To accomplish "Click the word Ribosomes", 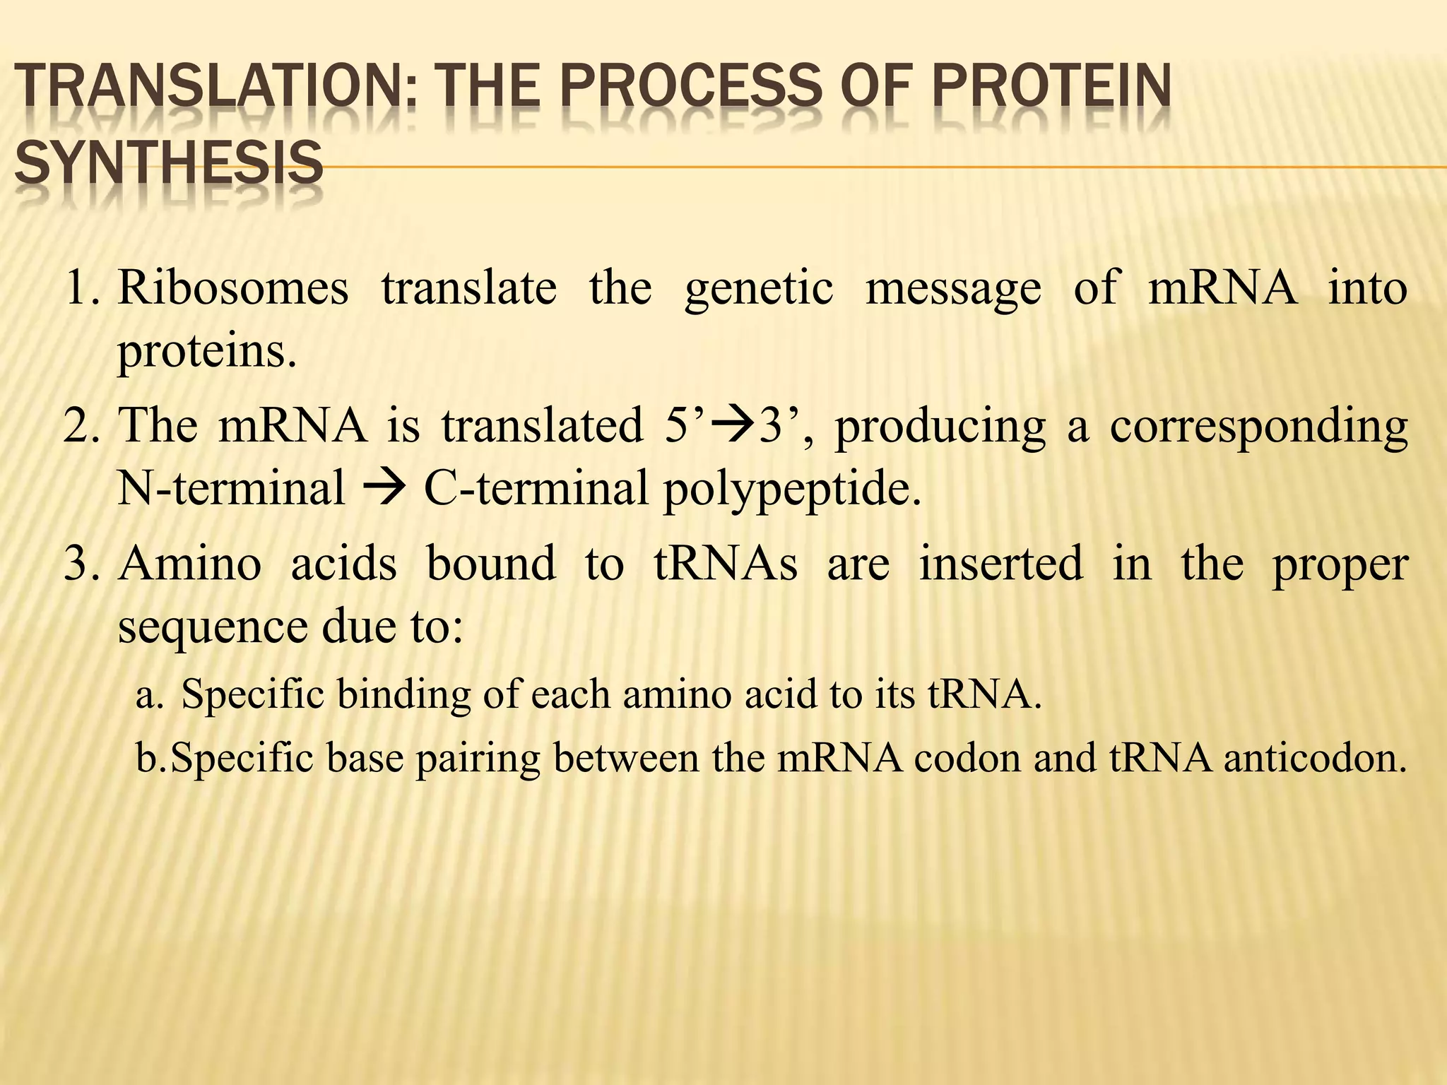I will point(233,289).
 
